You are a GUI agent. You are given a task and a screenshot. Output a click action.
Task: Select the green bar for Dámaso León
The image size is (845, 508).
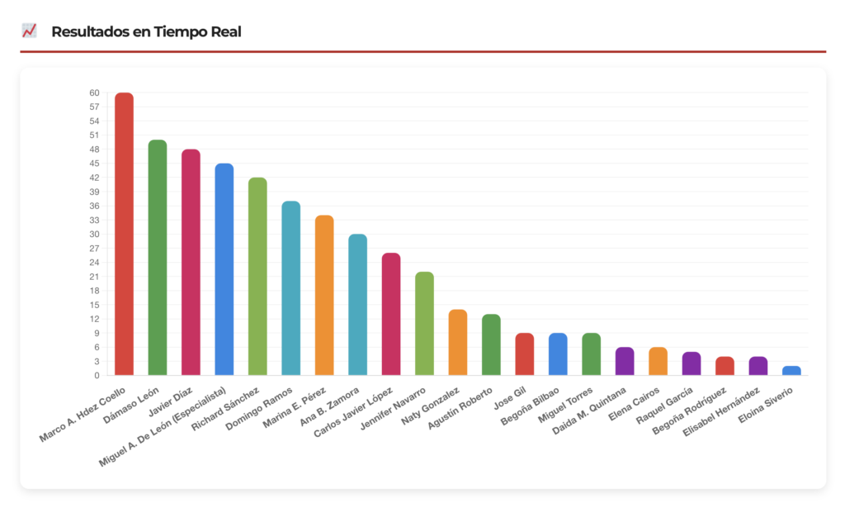158,258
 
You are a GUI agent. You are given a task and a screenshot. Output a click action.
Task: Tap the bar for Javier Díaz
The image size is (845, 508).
191,263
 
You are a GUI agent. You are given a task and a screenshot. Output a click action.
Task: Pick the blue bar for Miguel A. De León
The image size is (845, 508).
224,269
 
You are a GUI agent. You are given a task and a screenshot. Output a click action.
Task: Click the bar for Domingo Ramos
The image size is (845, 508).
290,288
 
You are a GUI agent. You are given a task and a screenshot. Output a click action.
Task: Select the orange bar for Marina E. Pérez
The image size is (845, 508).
324,295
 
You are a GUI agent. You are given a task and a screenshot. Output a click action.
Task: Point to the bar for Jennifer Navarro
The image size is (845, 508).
424,323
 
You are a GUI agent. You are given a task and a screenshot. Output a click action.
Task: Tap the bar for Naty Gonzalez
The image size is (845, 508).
458,342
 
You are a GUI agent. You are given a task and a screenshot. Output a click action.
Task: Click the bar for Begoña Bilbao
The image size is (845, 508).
558,354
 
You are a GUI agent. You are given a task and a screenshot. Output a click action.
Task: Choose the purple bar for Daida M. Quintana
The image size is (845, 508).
625,361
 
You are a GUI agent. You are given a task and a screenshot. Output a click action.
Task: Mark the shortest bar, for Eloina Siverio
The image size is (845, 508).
791,371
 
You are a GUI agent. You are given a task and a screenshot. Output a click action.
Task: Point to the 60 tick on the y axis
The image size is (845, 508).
95,93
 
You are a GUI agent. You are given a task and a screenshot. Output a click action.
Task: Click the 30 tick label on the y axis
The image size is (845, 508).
95,235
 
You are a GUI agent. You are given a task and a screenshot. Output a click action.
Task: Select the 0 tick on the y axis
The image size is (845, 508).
97,376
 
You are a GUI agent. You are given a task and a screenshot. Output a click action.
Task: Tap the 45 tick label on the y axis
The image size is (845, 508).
95,164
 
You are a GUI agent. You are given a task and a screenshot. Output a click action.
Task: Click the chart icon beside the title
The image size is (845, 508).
30,31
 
